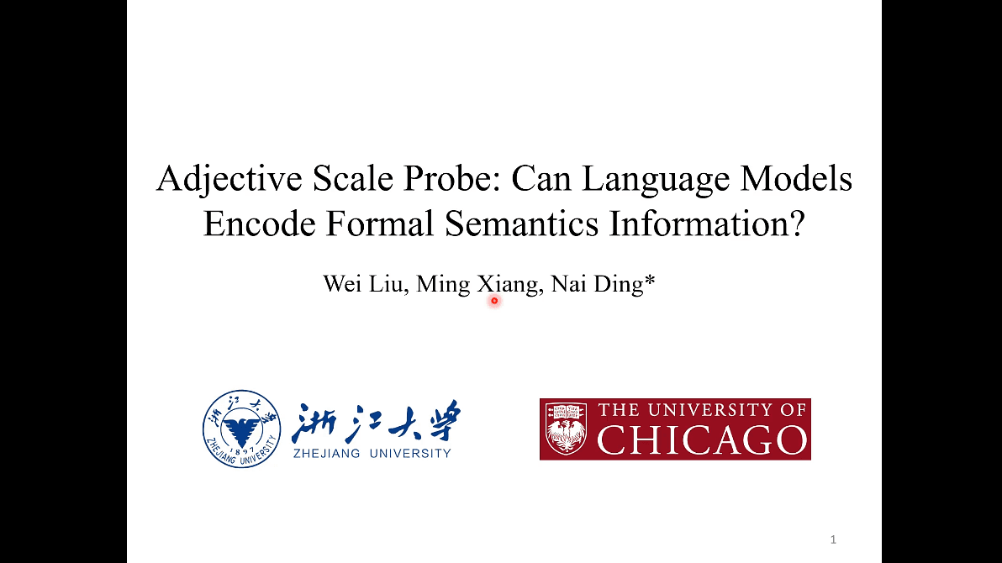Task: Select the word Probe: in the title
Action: click(x=460, y=180)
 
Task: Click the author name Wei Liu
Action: click(x=366, y=285)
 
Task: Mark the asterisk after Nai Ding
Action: click(x=649, y=281)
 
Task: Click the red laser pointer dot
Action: click(x=494, y=300)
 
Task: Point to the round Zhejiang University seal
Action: click(x=241, y=429)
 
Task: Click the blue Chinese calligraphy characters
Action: click(x=376, y=422)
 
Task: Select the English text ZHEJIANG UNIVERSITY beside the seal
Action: click(x=372, y=454)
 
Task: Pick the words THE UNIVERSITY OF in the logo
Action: click(x=702, y=410)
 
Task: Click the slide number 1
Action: click(x=833, y=539)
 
